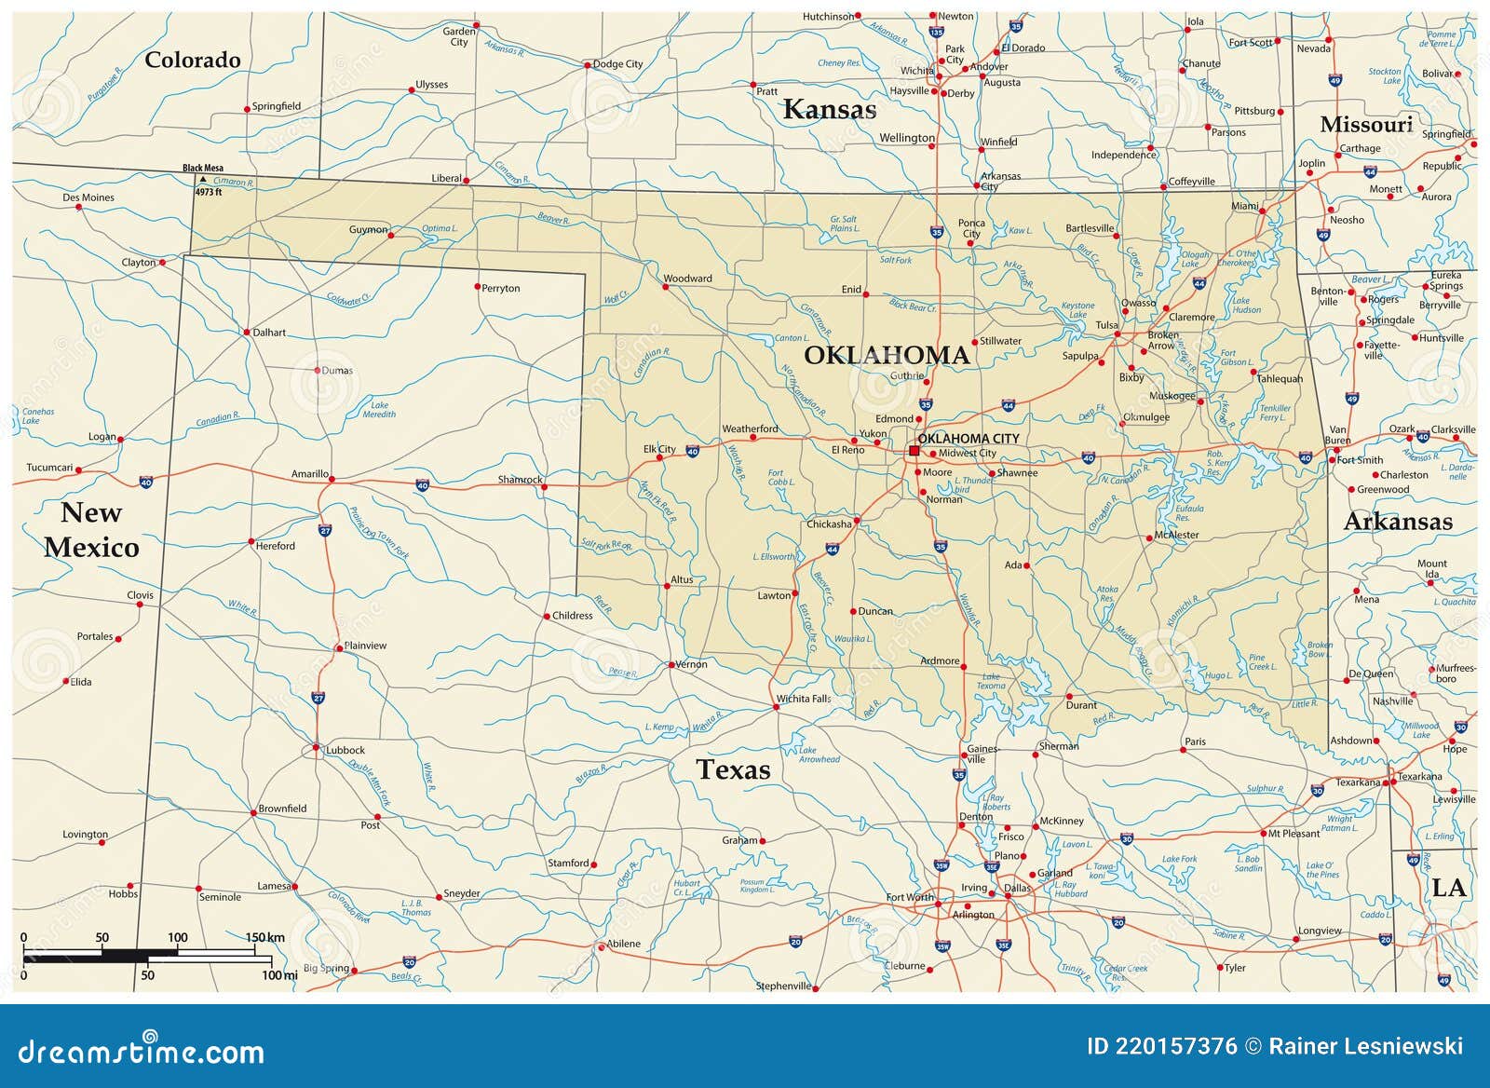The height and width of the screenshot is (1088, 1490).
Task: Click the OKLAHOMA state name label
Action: tap(886, 355)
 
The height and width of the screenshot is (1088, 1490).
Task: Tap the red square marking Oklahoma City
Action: tap(914, 450)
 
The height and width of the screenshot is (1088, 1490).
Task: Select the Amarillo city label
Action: tap(309, 474)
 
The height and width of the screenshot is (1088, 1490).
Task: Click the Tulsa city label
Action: tap(1106, 326)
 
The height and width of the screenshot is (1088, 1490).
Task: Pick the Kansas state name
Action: tap(829, 110)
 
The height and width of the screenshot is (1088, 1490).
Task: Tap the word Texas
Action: tap(733, 769)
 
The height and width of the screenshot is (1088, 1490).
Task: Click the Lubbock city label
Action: tap(345, 750)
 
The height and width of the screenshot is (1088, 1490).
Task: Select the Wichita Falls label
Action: tap(804, 699)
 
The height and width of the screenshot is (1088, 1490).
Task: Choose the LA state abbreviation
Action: tap(1448, 888)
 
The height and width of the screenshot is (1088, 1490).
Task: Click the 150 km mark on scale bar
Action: tap(264, 937)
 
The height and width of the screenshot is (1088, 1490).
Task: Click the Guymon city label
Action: tap(368, 230)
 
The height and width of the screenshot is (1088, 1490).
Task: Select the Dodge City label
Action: tap(617, 64)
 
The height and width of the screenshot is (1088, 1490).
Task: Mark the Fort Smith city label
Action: tap(1360, 459)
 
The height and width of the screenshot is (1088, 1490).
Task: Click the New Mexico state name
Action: tap(91, 529)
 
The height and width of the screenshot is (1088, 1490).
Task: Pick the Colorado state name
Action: tap(193, 60)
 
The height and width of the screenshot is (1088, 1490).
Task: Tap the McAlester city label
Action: tap(1176, 535)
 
